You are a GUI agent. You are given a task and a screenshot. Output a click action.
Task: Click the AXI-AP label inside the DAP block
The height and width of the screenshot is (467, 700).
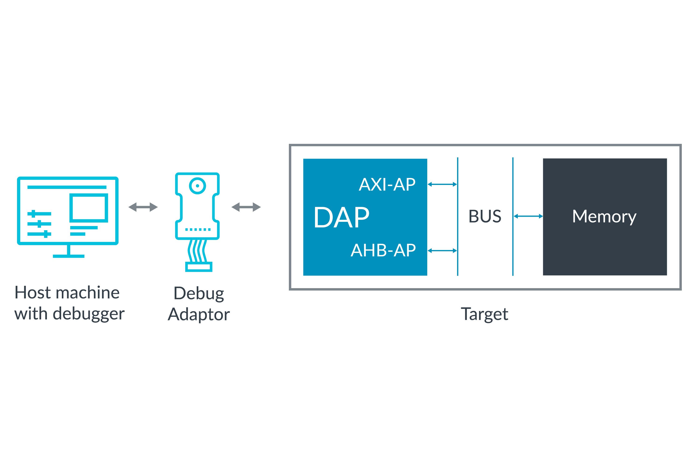click(x=387, y=185)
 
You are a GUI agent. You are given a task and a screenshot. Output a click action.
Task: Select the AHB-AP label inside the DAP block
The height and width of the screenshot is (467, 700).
click(x=383, y=251)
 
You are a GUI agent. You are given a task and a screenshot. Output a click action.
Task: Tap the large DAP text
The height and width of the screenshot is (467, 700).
click(x=342, y=217)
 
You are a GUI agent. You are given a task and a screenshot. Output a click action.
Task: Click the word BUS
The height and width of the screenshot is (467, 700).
click(x=485, y=216)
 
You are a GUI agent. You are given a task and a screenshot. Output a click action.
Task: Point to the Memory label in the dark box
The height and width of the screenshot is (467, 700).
click(x=604, y=216)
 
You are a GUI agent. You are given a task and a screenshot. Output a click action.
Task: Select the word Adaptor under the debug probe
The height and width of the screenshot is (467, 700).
click(x=199, y=315)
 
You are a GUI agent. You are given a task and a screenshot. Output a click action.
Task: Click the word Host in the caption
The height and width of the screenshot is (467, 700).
click(x=33, y=293)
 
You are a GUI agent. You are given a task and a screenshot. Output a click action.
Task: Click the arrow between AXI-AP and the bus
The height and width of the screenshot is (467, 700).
click(x=442, y=185)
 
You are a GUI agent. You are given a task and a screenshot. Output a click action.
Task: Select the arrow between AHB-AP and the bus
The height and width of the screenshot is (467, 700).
click(x=442, y=251)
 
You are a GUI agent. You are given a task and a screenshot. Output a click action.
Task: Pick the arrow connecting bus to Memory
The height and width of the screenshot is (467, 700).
click(x=528, y=216)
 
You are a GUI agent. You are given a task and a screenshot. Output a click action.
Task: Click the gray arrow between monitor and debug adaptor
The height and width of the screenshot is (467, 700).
click(x=143, y=207)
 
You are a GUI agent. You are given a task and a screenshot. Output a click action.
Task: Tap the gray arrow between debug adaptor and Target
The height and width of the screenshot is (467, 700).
click(x=246, y=207)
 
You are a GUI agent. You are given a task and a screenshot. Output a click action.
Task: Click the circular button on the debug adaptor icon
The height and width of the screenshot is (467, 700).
click(x=197, y=186)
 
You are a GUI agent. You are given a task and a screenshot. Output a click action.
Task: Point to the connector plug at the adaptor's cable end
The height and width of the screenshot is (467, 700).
click(x=199, y=267)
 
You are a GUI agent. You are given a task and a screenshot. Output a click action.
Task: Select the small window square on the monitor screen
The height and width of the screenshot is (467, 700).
click(x=89, y=208)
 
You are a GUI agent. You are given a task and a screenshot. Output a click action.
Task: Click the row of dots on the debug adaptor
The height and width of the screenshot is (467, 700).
click(x=198, y=229)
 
